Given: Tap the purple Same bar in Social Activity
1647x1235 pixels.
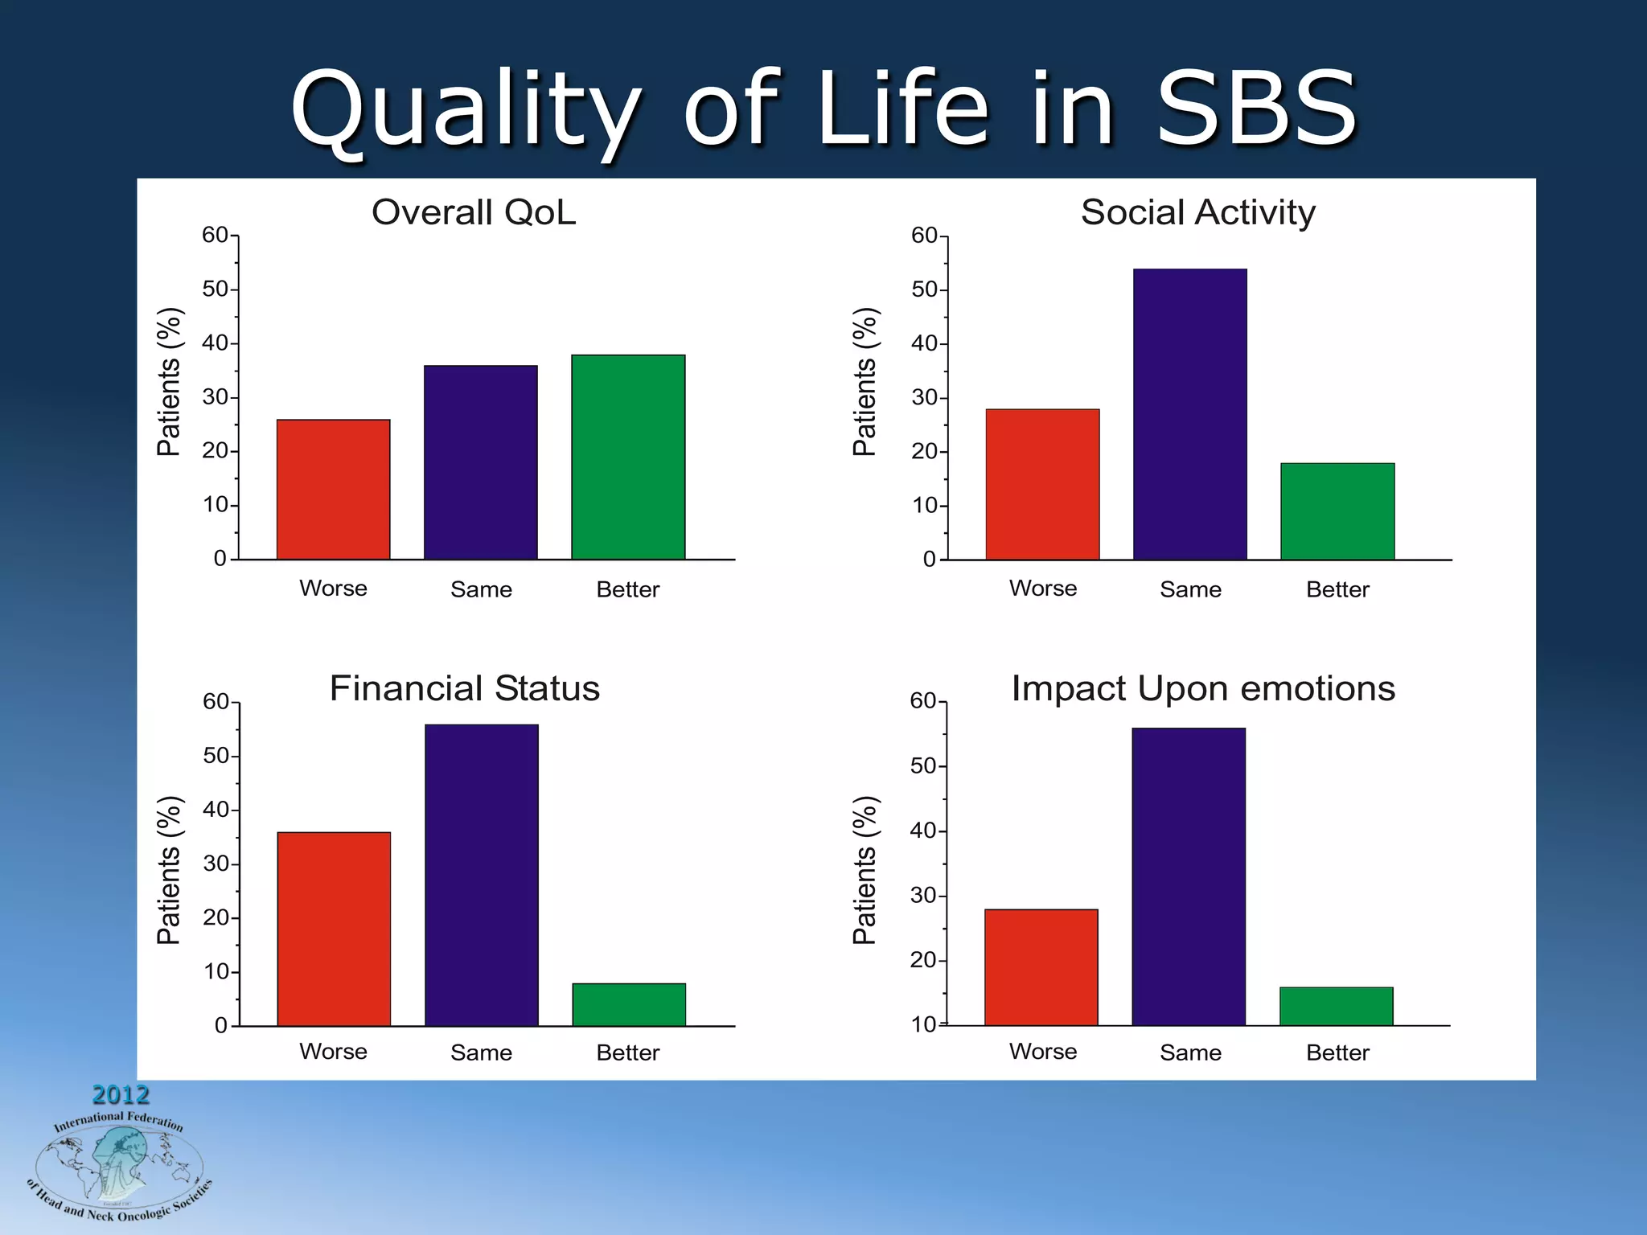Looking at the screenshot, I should tap(1189, 414).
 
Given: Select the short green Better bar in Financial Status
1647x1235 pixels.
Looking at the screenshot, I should tap(629, 1004).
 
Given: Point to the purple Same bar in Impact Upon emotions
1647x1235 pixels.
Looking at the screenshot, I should tap(1189, 876).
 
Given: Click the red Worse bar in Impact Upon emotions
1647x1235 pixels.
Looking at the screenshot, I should tap(1041, 967).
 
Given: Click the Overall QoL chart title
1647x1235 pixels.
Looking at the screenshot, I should tap(474, 212).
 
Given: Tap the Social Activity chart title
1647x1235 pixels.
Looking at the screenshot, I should tap(1197, 212).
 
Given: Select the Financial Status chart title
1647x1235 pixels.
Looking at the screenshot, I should tap(465, 688).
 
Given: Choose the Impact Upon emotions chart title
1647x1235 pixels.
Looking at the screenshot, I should tap(1203, 688).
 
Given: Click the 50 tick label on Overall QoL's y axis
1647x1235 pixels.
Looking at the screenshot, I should tap(216, 289).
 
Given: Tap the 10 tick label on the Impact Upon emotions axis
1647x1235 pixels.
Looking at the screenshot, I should tap(924, 1024).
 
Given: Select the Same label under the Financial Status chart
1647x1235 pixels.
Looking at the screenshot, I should tap(481, 1052).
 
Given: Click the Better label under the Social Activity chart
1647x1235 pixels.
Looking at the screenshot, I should tap(1337, 589).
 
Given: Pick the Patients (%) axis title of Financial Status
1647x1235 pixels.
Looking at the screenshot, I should tap(169, 870).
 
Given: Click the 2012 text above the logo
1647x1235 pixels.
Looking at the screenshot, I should tap(121, 1094).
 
